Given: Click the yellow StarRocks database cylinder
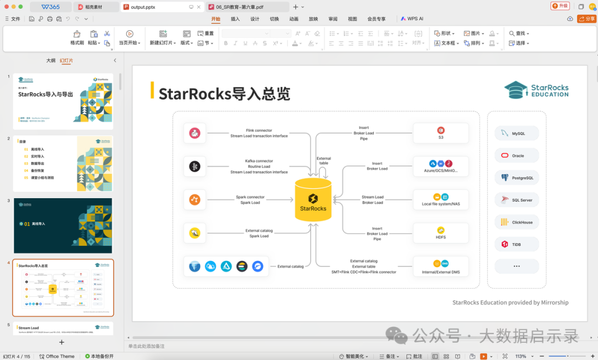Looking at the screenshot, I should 313,199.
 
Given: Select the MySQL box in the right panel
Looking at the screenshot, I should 517,133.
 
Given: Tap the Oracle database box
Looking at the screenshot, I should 517,156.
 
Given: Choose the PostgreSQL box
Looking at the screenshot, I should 517,178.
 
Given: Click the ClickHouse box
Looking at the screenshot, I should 517,222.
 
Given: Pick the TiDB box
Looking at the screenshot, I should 517,244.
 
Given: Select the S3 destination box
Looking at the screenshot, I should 441,133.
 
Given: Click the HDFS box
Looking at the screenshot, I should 441,233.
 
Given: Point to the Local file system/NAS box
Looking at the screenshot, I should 441,200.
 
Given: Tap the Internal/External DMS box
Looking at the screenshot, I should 441,266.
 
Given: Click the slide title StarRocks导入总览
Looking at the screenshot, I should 224,94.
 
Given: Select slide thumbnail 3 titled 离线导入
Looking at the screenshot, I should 63,225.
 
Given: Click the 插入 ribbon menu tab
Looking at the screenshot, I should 235,19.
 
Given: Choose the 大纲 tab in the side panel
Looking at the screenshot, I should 50,60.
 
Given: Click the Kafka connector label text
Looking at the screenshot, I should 259,161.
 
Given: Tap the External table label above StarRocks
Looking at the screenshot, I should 324,161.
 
